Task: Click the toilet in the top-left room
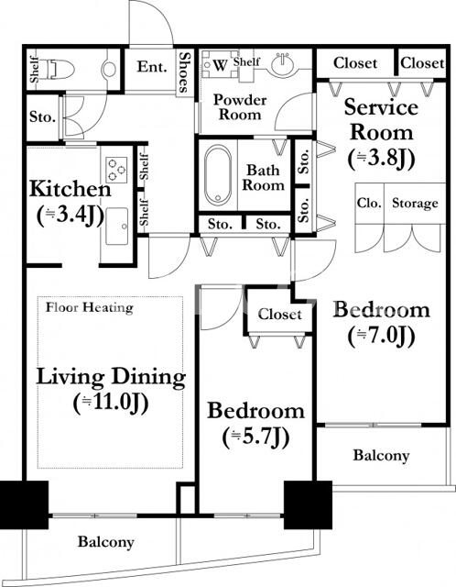60,69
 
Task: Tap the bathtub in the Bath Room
218,175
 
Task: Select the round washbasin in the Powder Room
283,63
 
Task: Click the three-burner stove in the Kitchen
116,170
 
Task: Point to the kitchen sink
116,227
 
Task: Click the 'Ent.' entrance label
152,67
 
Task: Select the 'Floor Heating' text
90,308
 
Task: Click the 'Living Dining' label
111,377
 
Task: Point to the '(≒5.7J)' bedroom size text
256,437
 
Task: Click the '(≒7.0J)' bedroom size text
381,336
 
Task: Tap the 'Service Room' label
381,120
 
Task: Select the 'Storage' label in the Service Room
415,204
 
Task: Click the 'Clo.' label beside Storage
369,204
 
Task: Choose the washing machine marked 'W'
220,64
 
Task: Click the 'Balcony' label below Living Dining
106,542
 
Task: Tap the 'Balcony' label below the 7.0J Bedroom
381,456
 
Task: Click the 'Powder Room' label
240,107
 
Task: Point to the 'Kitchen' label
71,189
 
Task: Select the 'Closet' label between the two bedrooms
279,315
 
